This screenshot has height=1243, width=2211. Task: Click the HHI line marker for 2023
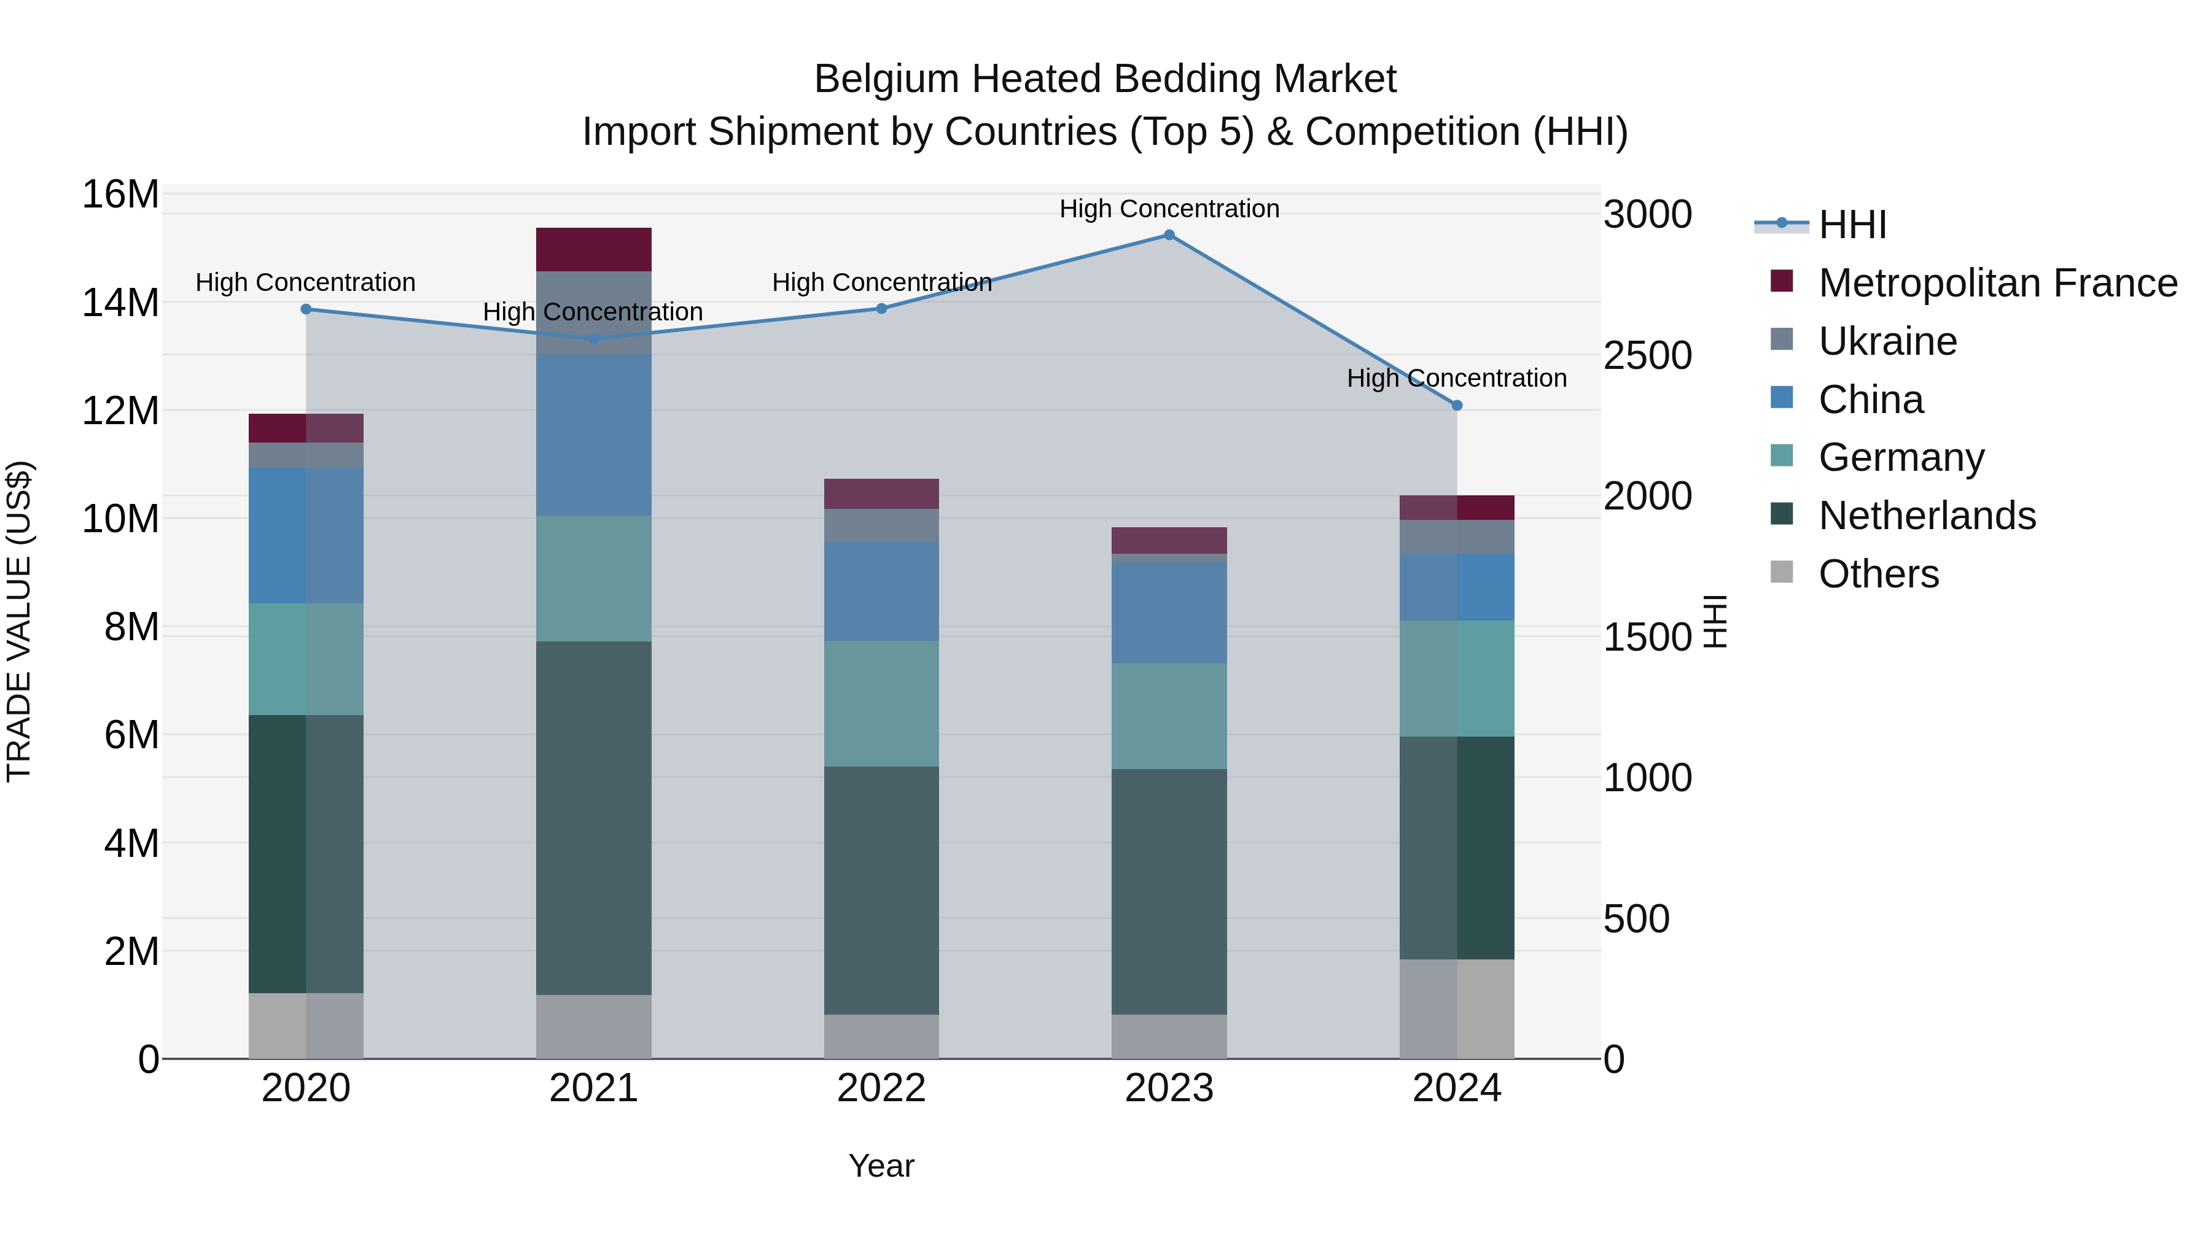tap(1169, 235)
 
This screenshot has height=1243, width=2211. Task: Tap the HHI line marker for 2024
tap(1457, 406)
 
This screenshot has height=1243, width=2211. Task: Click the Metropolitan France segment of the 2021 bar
tap(594, 250)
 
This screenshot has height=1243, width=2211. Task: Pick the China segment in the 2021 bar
tap(594, 435)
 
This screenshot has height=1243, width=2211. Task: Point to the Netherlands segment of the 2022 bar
tap(881, 891)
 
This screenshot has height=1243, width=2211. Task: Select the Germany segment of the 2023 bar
tap(1169, 716)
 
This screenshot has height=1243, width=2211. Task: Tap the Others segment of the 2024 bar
tap(1457, 1009)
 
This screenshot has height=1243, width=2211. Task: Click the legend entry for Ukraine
tap(1887, 341)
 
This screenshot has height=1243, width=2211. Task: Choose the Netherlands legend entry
tap(1927, 516)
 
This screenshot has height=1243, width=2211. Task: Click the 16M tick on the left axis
tap(120, 195)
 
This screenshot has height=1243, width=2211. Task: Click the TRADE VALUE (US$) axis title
tap(19, 622)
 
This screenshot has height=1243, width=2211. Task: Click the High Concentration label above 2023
tap(1169, 209)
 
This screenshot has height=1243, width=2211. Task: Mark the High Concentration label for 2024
tap(1457, 378)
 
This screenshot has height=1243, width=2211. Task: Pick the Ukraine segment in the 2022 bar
tap(881, 525)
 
